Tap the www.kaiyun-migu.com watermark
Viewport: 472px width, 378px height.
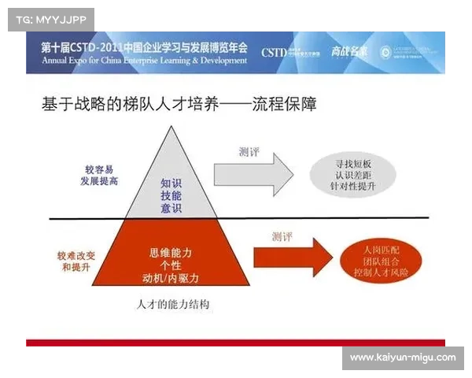pos(402,358)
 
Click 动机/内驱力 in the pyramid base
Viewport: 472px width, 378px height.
pos(171,279)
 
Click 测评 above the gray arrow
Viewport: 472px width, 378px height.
pos(251,150)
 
